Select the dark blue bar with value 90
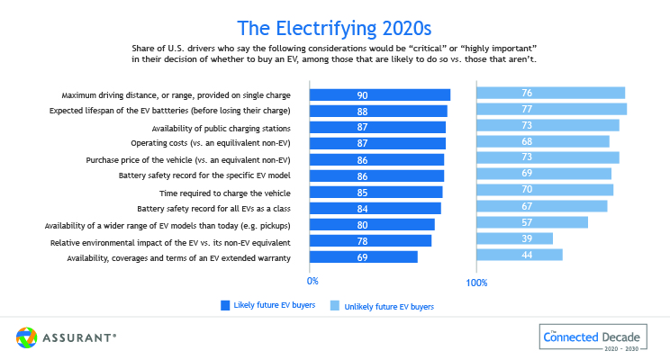point(379,94)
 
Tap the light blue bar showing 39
point(514,238)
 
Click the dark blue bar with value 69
point(363,257)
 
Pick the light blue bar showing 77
point(551,110)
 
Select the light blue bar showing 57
point(531,221)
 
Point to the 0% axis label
point(313,282)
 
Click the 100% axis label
point(476,283)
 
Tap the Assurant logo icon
point(26,337)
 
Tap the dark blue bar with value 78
point(370,241)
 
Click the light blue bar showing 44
point(519,255)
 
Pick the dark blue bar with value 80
point(372,225)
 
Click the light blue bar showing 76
point(550,93)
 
